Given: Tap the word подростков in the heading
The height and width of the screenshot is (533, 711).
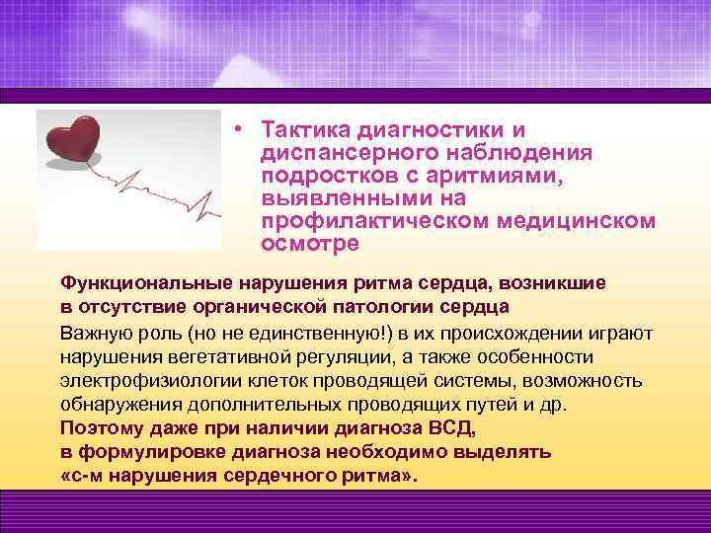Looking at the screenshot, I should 321,175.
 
